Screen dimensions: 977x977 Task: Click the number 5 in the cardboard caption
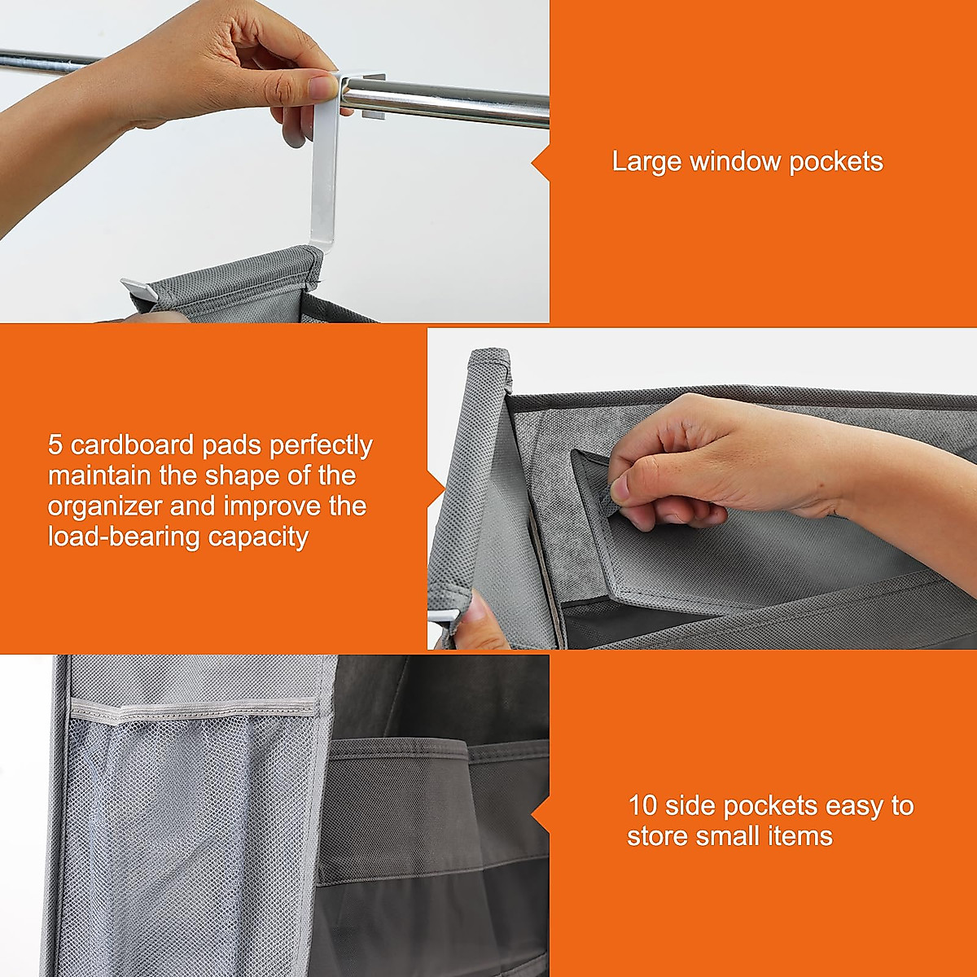coord(55,445)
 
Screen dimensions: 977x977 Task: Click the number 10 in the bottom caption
coord(642,806)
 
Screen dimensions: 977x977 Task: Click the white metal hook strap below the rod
coord(322,187)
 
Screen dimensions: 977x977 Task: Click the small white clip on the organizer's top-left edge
coord(138,289)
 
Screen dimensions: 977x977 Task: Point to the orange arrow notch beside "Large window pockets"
coord(540,163)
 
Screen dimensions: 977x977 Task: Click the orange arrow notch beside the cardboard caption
coord(436,488)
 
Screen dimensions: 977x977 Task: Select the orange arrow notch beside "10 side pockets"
coord(540,814)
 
